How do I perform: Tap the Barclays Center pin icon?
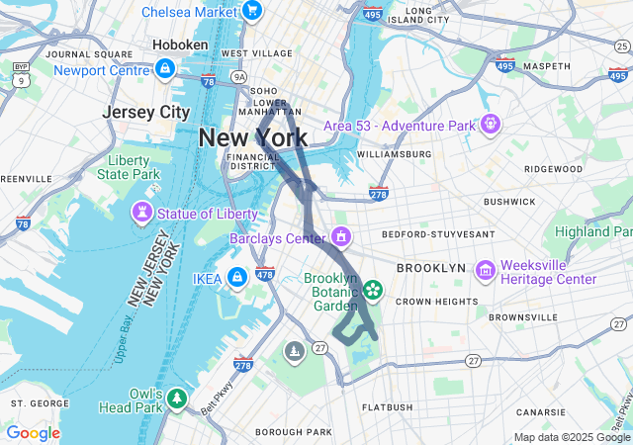click(x=340, y=237)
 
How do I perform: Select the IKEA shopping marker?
click(x=237, y=277)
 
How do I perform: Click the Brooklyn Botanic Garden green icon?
click(x=373, y=290)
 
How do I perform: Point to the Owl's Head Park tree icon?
click(x=176, y=399)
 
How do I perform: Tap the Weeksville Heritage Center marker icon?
click(x=485, y=270)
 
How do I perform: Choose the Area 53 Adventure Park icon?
click(x=490, y=125)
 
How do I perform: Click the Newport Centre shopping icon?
click(x=164, y=69)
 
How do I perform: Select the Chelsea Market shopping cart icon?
click(x=252, y=11)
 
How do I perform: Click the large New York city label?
click(x=252, y=137)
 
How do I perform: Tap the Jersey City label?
click(x=145, y=113)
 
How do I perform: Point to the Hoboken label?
click(x=180, y=45)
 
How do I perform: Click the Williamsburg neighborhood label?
click(x=394, y=154)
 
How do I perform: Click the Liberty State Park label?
click(x=128, y=167)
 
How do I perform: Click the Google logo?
click(x=33, y=433)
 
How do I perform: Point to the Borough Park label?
click(x=293, y=432)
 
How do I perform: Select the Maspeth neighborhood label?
click(x=547, y=66)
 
